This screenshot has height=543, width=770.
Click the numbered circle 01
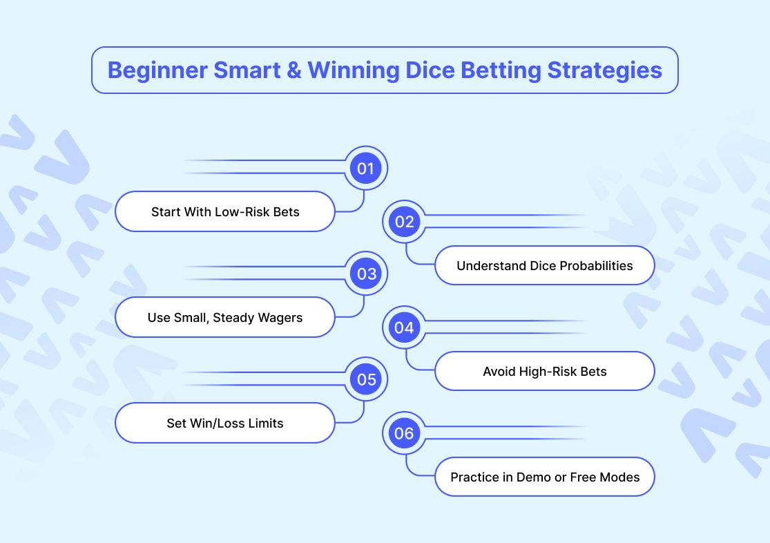[x=365, y=168]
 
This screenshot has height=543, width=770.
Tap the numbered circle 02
[x=404, y=222]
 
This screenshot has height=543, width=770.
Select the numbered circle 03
[x=365, y=274]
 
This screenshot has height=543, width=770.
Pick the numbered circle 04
[x=404, y=327]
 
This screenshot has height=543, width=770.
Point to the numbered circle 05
[x=365, y=379]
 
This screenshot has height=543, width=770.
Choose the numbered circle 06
[x=404, y=433]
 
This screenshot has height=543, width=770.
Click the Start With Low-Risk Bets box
[x=225, y=211]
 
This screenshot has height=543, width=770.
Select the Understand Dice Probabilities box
[x=545, y=265]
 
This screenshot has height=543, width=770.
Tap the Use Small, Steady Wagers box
[x=225, y=317]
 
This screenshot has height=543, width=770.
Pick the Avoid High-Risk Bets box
[x=545, y=371]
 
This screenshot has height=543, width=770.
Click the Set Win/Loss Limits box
[x=225, y=423]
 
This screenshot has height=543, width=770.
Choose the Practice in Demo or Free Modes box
[x=545, y=477]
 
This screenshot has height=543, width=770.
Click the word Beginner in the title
[x=157, y=70]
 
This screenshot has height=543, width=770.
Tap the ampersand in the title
[x=293, y=70]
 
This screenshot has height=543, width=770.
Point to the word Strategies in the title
[x=604, y=70]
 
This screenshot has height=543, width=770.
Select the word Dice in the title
[x=430, y=70]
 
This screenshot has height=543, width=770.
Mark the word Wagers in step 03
[x=280, y=318]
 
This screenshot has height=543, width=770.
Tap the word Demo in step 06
[x=534, y=477]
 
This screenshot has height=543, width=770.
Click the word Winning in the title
[x=353, y=70]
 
